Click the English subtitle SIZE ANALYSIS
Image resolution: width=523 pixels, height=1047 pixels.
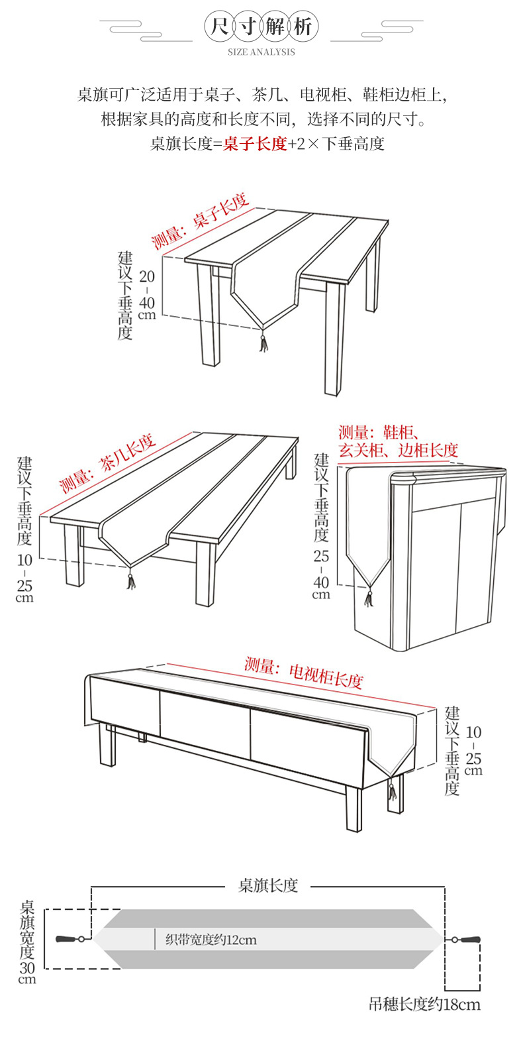[261, 52]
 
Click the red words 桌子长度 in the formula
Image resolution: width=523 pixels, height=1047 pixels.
[255, 144]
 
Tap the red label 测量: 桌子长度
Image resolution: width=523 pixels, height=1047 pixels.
[199, 221]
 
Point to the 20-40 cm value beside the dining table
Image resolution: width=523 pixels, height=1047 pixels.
[147, 295]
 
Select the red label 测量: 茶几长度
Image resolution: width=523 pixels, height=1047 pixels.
[107, 463]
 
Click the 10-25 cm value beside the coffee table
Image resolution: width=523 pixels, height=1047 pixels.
[24, 579]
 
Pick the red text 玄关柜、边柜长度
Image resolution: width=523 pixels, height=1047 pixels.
[399, 451]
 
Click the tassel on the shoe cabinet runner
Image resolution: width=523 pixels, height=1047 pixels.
[369, 598]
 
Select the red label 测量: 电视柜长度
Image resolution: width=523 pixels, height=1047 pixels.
[304, 671]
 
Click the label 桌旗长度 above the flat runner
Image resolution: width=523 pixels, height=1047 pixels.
[268, 885]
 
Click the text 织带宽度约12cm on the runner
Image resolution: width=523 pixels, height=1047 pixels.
[211, 940]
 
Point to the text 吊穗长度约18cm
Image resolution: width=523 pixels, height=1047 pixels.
[424, 1005]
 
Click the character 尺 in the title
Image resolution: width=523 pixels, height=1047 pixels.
[220, 27]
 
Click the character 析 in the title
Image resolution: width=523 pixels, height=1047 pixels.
[303, 27]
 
